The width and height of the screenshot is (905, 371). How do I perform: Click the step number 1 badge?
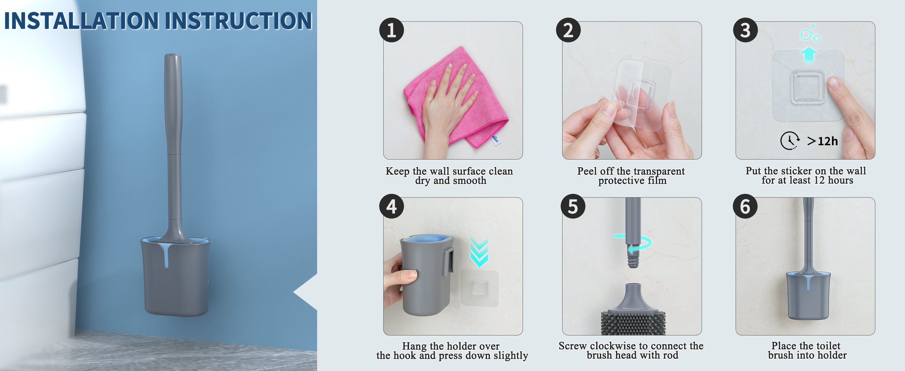pos(391,30)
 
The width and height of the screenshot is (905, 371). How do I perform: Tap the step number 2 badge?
pos(568,30)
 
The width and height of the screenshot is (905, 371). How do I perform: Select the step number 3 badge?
pos(745,30)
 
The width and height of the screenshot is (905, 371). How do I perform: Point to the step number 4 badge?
pos(391,206)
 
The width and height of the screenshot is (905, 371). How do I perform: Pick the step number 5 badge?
pos(573,206)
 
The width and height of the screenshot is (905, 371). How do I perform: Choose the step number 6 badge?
pos(745,206)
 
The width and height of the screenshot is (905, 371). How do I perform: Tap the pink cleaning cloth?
pos(457,98)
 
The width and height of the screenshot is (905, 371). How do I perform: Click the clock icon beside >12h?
pos(790,141)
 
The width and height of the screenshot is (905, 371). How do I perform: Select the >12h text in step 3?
pos(822,141)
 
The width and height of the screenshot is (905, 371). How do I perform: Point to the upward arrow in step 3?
pos(809,54)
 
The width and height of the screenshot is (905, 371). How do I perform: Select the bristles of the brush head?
pos(633,322)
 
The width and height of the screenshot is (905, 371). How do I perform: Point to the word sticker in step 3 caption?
pos(796,171)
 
